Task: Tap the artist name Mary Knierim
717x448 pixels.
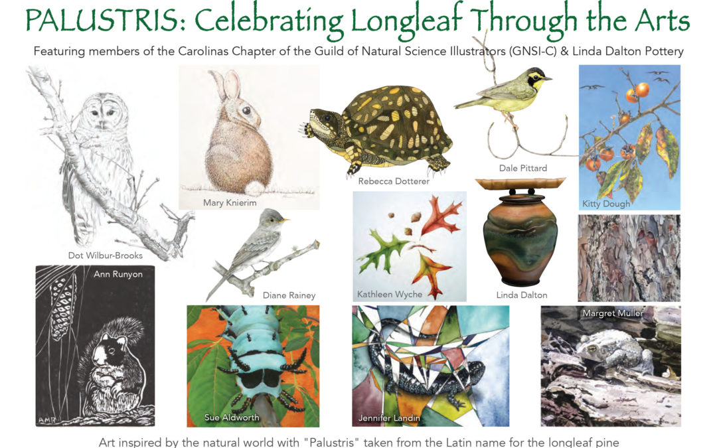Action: (x=230, y=202)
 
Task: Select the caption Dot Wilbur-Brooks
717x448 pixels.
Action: (x=105, y=256)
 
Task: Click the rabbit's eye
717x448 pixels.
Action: (x=246, y=110)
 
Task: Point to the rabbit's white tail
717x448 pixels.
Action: (x=255, y=188)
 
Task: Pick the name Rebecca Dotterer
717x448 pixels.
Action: (x=394, y=181)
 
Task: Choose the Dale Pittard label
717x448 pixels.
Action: (x=522, y=168)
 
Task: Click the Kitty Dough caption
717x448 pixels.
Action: (x=606, y=204)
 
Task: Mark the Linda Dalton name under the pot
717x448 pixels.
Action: (x=522, y=295)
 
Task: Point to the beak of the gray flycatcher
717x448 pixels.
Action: (x=285, y=220)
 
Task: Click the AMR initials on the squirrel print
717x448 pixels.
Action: (x=46, y=420)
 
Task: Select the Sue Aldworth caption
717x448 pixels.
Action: (x=232, y=417)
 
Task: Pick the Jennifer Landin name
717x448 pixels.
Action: (x=388, y=417)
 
